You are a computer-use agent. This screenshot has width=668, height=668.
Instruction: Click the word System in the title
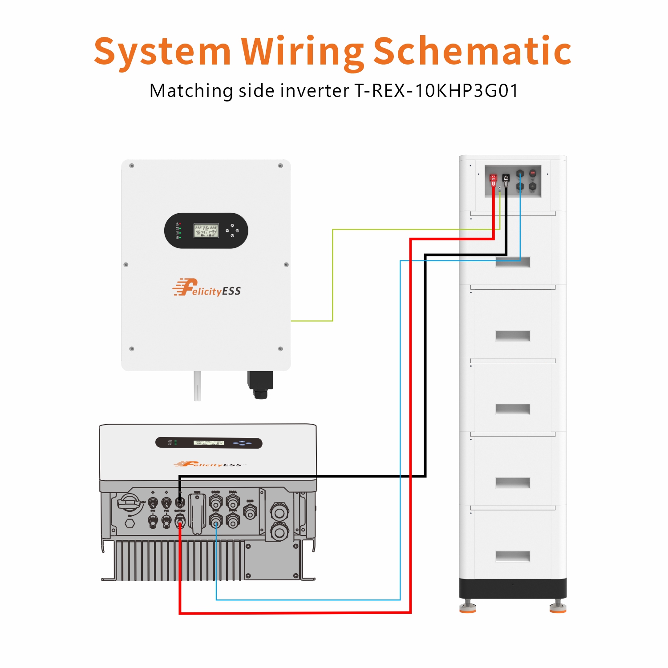pos(162,52)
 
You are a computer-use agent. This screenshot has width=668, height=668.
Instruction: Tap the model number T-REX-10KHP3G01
pos(436,91)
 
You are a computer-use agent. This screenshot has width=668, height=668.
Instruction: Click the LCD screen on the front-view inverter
pos(206,230)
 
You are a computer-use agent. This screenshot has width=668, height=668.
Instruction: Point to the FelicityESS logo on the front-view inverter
pos(207,288)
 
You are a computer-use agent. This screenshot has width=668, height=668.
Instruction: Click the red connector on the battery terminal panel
pos(493,180)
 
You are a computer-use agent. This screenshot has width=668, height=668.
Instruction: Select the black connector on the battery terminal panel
pos(506,180)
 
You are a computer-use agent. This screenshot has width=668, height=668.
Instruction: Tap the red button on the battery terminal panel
pos(532,173)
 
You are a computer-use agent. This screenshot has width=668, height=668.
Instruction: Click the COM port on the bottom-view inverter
pos(250,512)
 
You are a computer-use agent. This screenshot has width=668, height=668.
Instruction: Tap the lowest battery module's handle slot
pos(513,556)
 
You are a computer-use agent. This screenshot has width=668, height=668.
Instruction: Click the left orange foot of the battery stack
pos(468,608)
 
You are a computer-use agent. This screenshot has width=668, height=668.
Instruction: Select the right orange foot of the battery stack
pos(558,608)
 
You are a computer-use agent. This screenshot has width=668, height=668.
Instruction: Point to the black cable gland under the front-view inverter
pos(260,385)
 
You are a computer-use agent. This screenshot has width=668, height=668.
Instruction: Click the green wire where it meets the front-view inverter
pos(293,320)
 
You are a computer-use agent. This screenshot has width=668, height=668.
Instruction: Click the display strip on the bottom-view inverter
pos(209,443)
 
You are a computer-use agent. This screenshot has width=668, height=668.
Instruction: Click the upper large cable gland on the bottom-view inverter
pos(279,512)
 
